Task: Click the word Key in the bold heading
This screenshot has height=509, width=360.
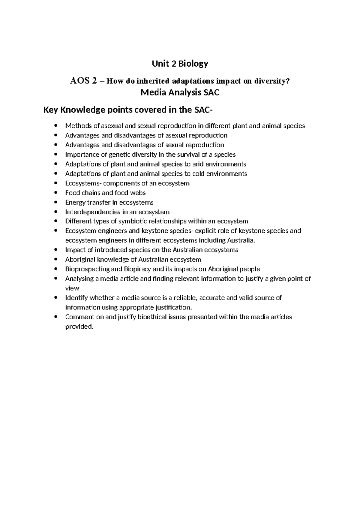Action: (51, 110)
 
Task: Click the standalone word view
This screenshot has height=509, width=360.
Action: (72, 288)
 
